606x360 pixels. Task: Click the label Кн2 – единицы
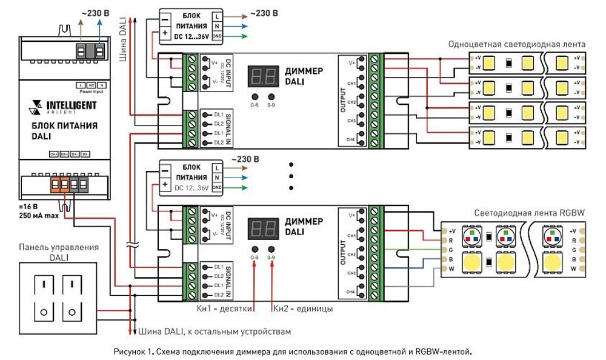[302, 308]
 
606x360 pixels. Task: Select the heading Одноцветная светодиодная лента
[516, 44]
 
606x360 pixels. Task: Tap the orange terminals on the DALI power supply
[59, 184]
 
